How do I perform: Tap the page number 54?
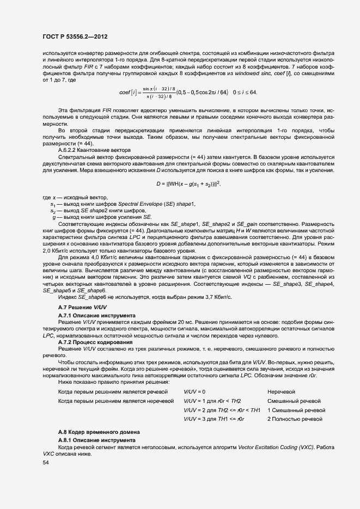pyautogui.click(x=46, y=462)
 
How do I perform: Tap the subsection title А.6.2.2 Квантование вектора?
pyautogui.click(x=94, y=149)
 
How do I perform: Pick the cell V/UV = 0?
pyautogui.click(x=195, y=392)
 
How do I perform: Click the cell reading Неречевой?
pyautogui.click(x=281, y=392)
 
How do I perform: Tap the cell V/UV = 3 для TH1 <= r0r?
pyautogui.click(x=214, y=418)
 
